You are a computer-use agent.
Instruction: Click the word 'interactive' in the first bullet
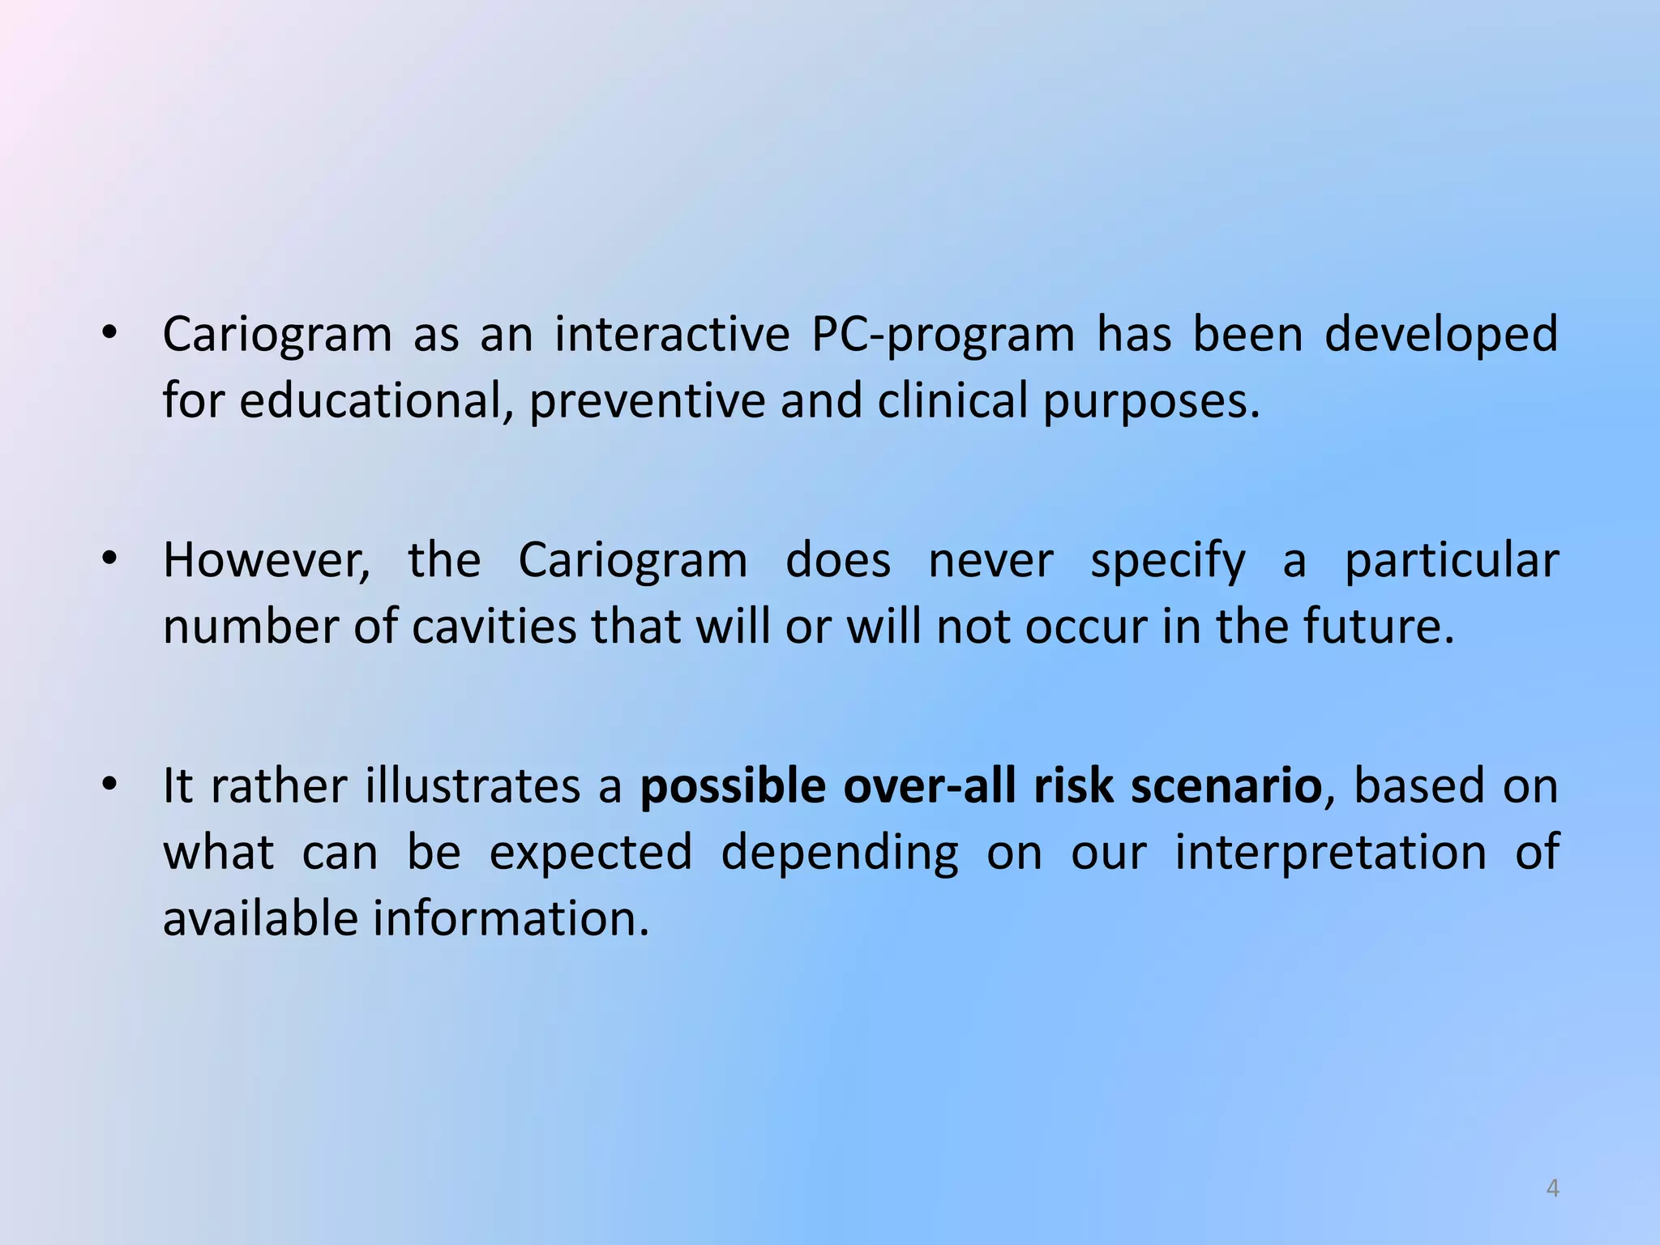(672, 334)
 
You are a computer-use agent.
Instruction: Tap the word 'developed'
(1441, 336)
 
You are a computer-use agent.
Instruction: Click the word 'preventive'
(647, 402)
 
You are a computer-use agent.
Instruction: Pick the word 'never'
(990, 561)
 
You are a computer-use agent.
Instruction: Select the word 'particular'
(1452, 561)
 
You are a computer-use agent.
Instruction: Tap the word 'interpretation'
(1330, 854)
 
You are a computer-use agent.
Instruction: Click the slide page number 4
(1552, 1188)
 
